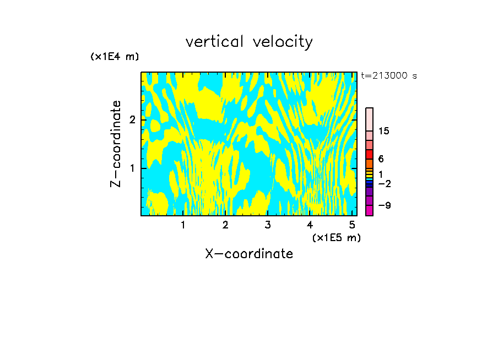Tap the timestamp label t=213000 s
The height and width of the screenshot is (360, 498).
pos(389,76)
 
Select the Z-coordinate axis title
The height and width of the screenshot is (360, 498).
pos(116,144)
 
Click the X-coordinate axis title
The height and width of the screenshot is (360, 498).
pos(249,254)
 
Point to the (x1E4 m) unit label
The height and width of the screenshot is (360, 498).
pos(115,57)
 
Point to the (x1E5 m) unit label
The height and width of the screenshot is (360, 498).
pos(336,237)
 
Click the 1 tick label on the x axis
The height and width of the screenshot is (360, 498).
pos(183,225)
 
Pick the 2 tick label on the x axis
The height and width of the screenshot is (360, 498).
pos(225,225)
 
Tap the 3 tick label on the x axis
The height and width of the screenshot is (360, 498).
pos(267,225)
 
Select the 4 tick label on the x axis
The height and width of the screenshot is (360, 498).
pos(310,225)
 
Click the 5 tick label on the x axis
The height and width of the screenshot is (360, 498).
pos(352,225)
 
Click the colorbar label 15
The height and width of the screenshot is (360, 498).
pos(384,131)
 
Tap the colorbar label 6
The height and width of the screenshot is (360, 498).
pos(381,159)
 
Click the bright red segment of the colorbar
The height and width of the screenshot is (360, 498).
pos(369,154)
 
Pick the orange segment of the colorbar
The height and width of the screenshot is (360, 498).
pos(369,163)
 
